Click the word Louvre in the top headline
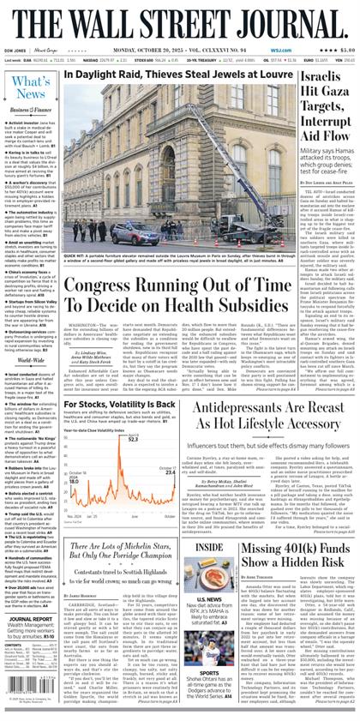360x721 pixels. click(261, 75)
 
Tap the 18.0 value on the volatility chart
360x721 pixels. click(75, 481)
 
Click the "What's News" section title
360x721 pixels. click(30, 87)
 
